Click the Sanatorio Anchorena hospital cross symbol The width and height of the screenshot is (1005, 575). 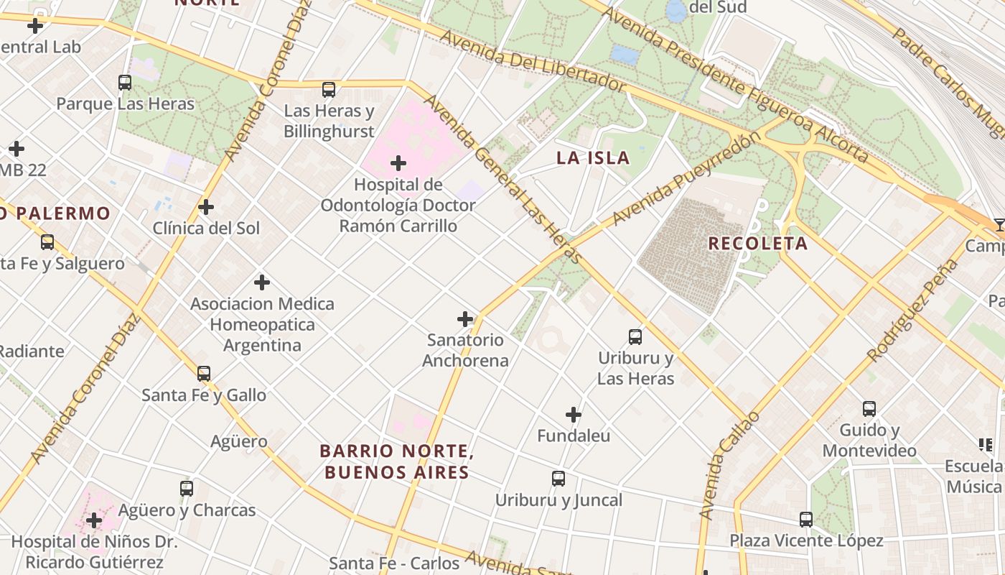coord(465,319)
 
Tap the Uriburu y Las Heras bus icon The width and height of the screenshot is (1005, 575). coord(635,336)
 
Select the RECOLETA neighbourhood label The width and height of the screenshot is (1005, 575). coord(757,244)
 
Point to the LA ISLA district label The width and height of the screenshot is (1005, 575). coord(593,158)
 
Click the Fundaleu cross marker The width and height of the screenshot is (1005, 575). coord(573,415)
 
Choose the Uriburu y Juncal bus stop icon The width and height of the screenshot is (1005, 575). coord(558,479)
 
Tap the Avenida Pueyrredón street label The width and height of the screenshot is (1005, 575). coord(687,177)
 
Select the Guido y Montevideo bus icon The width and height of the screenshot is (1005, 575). coord(869,409)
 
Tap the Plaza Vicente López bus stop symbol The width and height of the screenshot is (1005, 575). coord(806,520)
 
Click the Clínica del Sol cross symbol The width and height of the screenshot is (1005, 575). coord(206,208)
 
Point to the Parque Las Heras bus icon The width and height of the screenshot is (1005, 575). coord(125,83)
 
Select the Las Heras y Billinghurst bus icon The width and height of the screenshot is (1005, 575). coord(329,90)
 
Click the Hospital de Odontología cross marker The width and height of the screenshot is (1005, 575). coord(398,164)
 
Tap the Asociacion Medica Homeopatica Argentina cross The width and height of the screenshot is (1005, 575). coord(262,282)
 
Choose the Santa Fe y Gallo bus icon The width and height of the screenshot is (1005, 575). coord(204,374)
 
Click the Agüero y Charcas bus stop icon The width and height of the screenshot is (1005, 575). coord(187,489)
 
